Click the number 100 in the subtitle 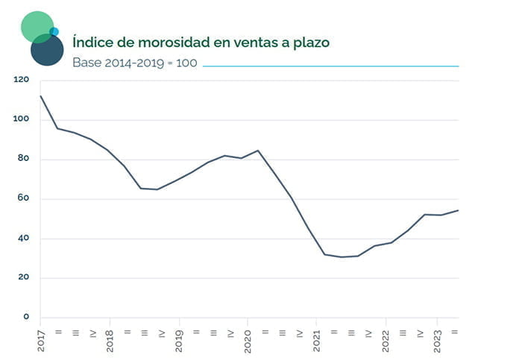[x=186, y=63]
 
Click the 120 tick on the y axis [x=21, y=80]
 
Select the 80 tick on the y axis [x=23, y=159]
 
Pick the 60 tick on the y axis [x=23, y=199]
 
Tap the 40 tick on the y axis [x=23, y=239]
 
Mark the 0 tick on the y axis [x=25, y=318]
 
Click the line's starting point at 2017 [x=40, y=96]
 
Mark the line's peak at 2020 [x=257, y=151]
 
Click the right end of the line [x=458, y=210]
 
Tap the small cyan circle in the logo [x=54, y=31]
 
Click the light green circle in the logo [x=37, y=26]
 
